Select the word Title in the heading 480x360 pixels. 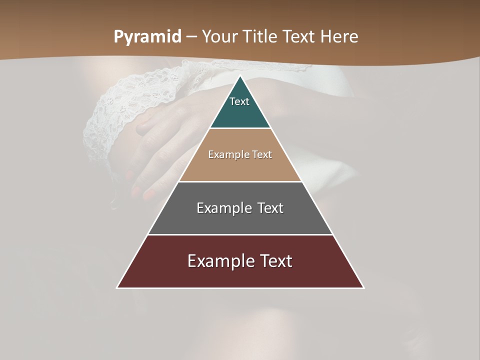click(x=261, y=37)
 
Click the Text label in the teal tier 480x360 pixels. click(x=239, y=102)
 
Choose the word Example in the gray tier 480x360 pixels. click(x=222, y=208)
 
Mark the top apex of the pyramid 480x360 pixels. click(x=240, y=76)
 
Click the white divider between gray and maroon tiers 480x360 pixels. click(x=240, y=234)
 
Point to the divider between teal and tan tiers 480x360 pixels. click(x=240, y=128)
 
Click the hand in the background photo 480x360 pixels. click(x=160, y=150)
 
